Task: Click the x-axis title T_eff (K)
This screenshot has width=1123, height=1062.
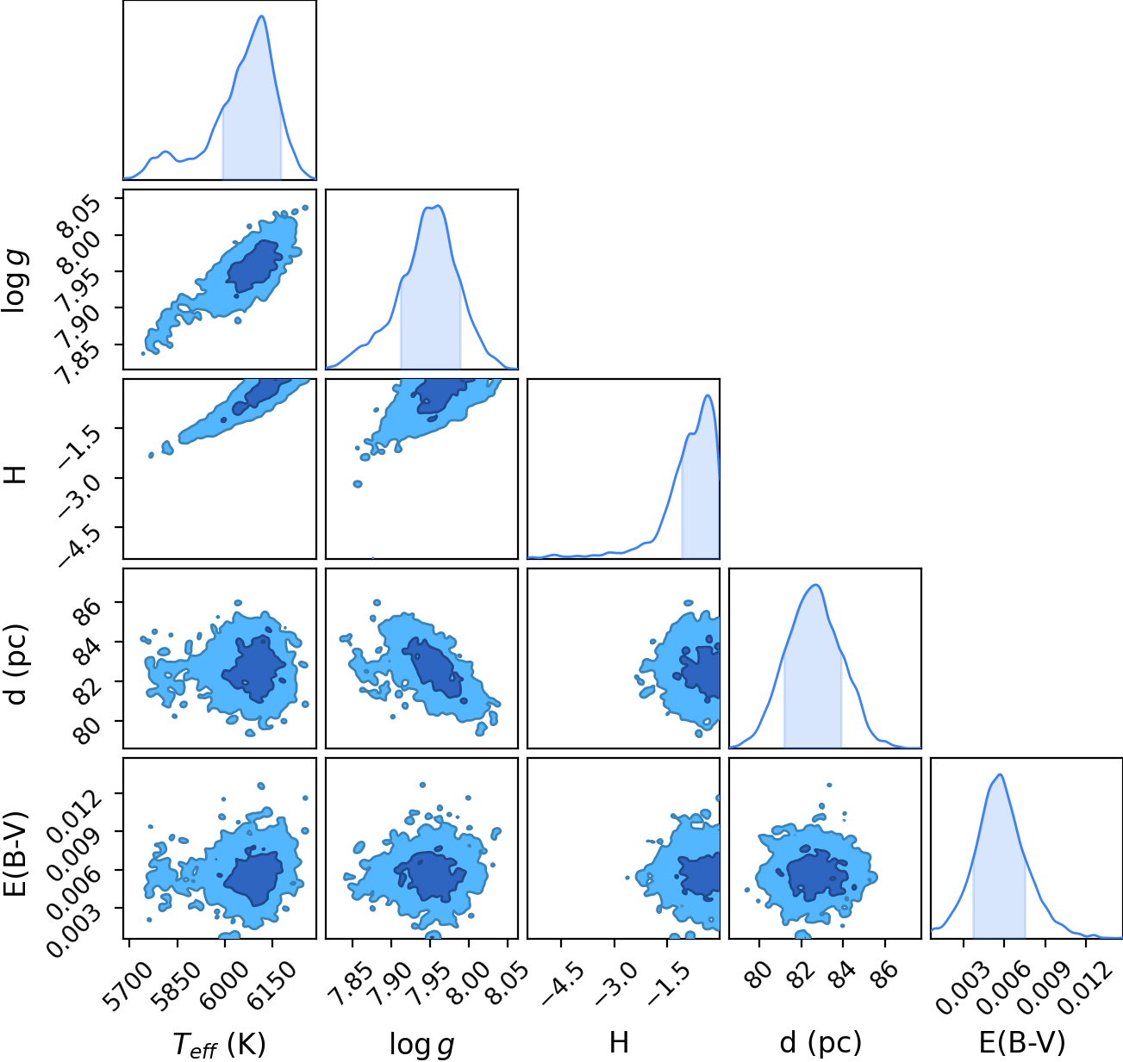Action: [220, 1044]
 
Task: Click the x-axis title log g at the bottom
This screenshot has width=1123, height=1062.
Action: [421, 1045]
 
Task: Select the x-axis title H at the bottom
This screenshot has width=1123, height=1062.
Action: [619, 1042]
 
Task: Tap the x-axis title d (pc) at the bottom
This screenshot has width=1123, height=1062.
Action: [820, 1043]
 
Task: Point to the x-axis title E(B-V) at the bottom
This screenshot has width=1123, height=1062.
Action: [1022, 1043]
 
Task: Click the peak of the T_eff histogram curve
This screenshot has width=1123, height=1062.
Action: [262, 16]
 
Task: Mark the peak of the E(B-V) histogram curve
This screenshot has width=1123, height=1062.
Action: [1001, 775]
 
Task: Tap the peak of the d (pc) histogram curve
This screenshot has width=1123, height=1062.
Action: [816, 585]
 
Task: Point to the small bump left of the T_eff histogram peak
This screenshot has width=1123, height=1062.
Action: [165, 152]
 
